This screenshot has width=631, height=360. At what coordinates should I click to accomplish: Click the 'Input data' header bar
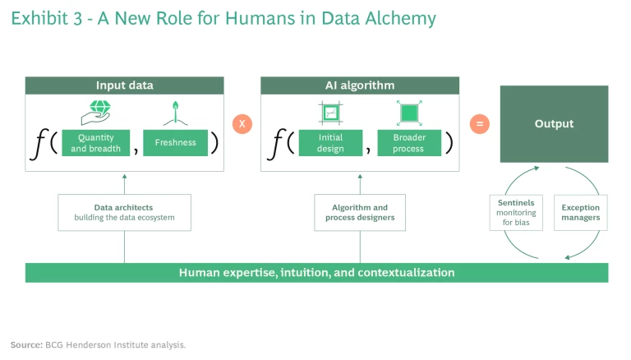click(x=124, y=85)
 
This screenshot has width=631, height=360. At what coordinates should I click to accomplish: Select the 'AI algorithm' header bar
click(x=360, y=85)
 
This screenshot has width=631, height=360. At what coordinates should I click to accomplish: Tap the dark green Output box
click(x=554, y=124)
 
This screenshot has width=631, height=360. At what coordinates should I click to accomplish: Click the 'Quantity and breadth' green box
click(x=96, y=143)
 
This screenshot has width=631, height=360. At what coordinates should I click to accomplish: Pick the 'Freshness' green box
click(x=176, y=143)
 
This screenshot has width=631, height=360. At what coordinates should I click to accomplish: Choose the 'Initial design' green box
click(x=330, y=143)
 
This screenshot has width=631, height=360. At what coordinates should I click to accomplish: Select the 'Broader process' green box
click(x=408, y=143)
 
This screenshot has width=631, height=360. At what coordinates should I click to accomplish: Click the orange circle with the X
click(x=242, y=124)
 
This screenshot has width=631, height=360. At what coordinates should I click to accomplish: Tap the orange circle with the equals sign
click(x=480, y=124)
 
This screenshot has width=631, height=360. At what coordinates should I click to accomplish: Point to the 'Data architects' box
click(x=124, y=213)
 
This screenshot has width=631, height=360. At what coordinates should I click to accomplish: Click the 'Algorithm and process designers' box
click(x=360, y=213)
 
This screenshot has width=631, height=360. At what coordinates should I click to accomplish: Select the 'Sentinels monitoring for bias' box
click(x=516, y=213)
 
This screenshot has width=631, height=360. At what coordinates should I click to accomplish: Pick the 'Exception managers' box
click(x=581, y=213)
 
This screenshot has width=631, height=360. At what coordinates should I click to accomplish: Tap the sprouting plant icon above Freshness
click(x=175, y=110)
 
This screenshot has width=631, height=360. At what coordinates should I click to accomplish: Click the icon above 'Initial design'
click(x=329, y=112)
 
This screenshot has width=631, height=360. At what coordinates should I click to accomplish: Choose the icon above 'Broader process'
click(x=408, y=112)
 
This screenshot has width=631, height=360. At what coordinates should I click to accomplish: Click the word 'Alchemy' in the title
click(x=401, y=18)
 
